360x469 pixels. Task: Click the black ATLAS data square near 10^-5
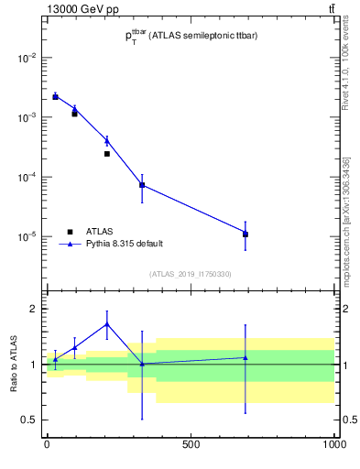pos(245,234)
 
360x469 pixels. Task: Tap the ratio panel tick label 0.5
pos(29,420)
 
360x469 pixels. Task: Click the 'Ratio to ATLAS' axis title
pos(11,364)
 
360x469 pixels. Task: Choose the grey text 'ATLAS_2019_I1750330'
pos(191,274)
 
